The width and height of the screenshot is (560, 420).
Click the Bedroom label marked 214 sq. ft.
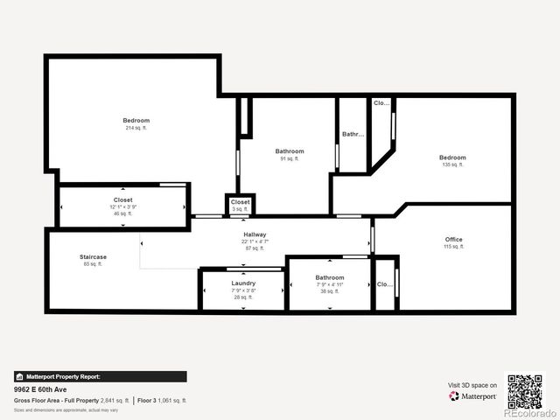136,121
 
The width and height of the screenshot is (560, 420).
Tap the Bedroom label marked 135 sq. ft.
452,157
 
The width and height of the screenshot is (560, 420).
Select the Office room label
452,240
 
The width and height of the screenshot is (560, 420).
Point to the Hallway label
255,235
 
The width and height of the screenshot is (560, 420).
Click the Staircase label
92,257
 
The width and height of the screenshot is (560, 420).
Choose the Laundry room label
243,283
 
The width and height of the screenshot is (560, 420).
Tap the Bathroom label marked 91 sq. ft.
290,151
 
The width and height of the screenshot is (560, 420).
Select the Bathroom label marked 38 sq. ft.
330,278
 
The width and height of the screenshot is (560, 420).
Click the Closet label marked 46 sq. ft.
122,200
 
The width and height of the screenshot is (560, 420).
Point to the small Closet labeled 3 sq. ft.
240,202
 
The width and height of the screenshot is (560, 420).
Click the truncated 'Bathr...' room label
352,134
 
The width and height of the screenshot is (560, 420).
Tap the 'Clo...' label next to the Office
384,283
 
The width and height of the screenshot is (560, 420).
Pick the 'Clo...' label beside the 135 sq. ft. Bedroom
381,103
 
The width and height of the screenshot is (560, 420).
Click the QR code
525,390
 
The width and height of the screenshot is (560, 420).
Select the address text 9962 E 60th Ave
41,389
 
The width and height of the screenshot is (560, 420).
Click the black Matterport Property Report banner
100,376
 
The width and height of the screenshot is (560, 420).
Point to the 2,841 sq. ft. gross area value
115,400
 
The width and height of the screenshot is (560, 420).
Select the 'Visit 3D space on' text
472,385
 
